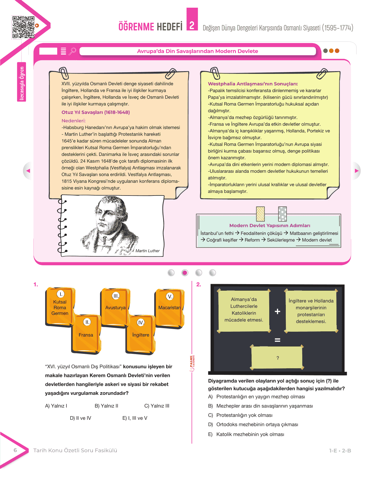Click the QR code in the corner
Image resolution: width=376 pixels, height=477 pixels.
pyautogui.click(x=23, y=27)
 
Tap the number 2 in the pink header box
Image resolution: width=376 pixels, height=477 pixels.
pyautogui.click(x=192, y=25)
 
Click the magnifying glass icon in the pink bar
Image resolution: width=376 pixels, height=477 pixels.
pyautogui.click(x=72, y=51)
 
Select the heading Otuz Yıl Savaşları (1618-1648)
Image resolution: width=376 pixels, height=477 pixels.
pyautogui.click(x=96, y=112)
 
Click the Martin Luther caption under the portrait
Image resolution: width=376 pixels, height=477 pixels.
pyautogui.click(x=147, y=251)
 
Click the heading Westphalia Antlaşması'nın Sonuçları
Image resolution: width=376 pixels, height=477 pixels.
pyautogui.click(x=253, y=84)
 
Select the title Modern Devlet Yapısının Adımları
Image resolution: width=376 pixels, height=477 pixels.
pyautogui.click(x=270, y=225)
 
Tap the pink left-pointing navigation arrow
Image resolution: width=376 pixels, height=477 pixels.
pyautogui.click(x=28, y=171)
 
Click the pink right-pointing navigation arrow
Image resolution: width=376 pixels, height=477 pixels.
pyautogui.click(x=357, y=171)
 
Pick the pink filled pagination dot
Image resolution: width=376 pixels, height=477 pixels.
pyautogui.click(x=185, y=273)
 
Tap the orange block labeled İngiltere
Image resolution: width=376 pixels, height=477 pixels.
pyautogui.click(x=141, y=334)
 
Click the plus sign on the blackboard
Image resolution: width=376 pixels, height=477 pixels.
pyautogui.click(x=277, y=311)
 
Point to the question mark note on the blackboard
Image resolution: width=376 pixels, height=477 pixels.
pyautogui.click(x=277, y=357)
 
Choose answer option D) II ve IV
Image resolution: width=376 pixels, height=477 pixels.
pyautogui.click(x=81, y=418)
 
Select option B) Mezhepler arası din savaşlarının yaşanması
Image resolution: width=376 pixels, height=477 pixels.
pyautogui.click(x=260, y=406)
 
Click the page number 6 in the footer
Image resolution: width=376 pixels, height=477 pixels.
pyautogui.click(x=15, y=450)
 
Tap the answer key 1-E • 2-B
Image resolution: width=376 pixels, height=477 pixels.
pyautogui.click(x=340, y=451)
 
